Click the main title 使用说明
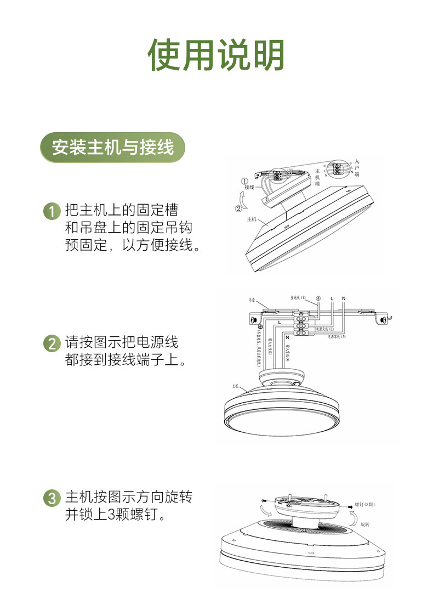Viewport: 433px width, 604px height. point(216,55)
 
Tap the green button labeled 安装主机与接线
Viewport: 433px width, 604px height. point(113,148)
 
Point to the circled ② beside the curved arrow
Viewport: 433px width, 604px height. point(238,208)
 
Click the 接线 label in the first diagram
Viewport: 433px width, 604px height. point(250,188)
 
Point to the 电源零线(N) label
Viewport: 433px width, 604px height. point(337,336)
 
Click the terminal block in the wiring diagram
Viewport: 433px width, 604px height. point(301,322)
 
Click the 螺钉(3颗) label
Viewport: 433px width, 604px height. point(366,504)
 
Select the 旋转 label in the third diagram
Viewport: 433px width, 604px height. point(365,524)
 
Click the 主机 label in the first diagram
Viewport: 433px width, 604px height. point(252,219)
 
